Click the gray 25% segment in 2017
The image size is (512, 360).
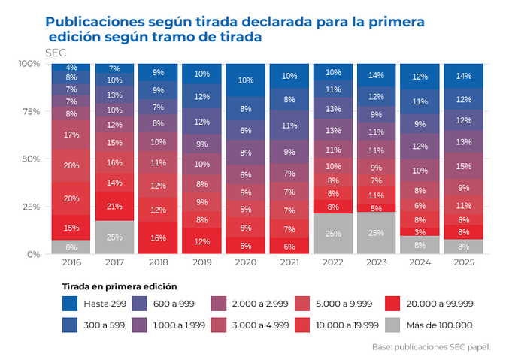pos(114,237)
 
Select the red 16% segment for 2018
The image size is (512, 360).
pos(158,238)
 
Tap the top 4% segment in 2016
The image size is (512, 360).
pos(71,68)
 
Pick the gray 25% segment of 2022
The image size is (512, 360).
pos(332,234)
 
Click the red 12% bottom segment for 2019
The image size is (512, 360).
pos(201,241)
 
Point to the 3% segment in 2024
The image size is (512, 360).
pos(420,232)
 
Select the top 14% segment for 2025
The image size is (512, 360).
pos(463,76)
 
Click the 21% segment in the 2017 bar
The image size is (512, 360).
pos(114,207)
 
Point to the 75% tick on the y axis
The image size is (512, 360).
pos(29,111)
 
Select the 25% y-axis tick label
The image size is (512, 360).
pos(29,207)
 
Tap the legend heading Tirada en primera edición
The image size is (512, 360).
pos(120,286)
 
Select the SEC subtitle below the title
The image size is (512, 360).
pos(56,53)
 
